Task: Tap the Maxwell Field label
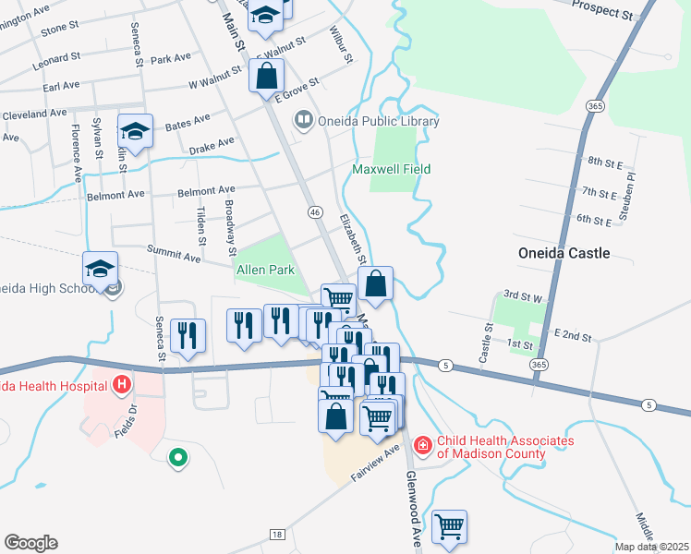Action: [x=392, y=169]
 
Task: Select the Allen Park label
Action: [x=265, y=270]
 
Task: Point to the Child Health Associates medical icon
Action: [x=423, y=446]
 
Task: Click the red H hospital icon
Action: [x=121, y=383]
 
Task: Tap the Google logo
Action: [x=30, y=543]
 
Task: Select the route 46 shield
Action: [x=315, y=212]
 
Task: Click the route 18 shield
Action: [x=276, y=535]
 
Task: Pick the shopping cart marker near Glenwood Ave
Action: [x=450, y=527]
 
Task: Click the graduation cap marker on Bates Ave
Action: [x=135, y=131]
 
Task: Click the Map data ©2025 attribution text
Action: [x=652, y=547]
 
